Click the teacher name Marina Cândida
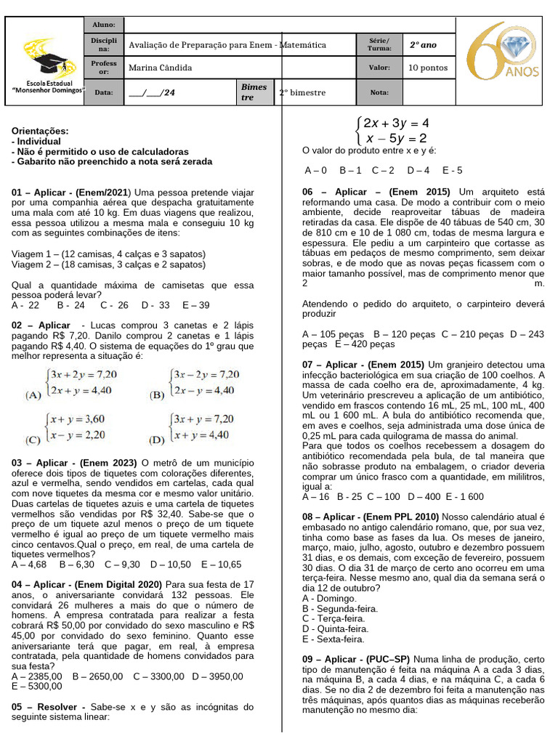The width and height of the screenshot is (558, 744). [160, 68]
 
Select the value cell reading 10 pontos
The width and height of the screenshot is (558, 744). [428, 68]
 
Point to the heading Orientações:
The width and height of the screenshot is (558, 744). [41, 131]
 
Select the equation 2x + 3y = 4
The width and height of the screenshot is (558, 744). [396, 123]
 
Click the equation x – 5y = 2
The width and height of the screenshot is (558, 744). [396, 138]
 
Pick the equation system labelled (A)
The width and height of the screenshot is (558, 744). [73, 382]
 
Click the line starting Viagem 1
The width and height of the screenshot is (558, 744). [109, 254]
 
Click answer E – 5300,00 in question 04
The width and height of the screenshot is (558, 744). [37, 686]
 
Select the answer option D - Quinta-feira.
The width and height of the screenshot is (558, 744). [335, 628]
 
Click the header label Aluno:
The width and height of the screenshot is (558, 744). [104, 25]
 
